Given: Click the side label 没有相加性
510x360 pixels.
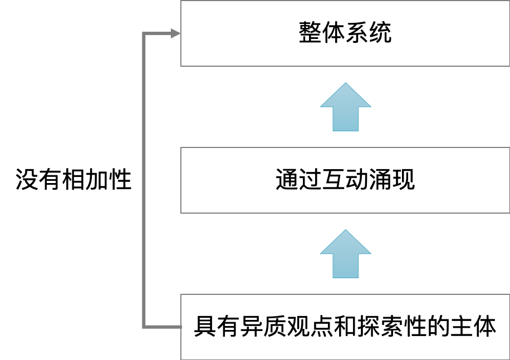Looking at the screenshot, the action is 73,179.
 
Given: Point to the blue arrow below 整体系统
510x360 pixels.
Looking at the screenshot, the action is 345,107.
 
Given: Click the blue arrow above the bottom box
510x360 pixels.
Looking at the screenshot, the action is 345,254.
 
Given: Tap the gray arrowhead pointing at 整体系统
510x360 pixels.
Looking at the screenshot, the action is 175,33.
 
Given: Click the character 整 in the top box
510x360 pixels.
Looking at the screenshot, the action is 310,32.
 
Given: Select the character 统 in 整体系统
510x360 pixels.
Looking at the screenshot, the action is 380,32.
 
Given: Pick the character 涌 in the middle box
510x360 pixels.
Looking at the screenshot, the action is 380,179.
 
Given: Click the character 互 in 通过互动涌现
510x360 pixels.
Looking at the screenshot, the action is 334,179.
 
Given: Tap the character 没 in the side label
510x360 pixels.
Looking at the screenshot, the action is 27,179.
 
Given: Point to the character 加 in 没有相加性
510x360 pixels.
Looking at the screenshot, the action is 97,179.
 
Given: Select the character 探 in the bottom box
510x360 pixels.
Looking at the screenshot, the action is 369,326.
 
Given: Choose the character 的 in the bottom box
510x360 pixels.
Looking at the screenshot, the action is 438,326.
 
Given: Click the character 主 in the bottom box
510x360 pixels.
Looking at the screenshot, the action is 462,326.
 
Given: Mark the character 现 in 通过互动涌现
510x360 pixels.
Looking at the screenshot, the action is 404,179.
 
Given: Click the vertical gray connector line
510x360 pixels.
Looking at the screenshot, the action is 144,180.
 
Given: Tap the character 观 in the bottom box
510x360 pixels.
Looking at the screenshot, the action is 298,326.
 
